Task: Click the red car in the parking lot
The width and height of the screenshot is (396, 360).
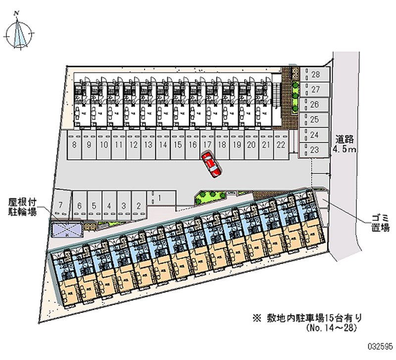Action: click(211, 164)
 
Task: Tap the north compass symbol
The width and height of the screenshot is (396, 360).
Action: click(20, 33)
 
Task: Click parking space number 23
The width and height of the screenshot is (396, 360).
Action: click(314, 149)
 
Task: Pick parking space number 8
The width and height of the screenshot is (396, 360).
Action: click(74, 145)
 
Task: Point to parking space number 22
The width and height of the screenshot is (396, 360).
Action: click(281, 145)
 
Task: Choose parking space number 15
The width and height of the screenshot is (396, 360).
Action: click(177, 145)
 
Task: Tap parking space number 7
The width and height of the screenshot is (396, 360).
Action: click(60, 205)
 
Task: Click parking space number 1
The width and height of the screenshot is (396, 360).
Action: click(160, 199)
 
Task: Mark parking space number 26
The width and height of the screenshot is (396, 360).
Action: click(314, 104)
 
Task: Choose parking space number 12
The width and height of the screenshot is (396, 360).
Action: click(133, 145)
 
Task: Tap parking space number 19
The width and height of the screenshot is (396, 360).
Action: click(237, 145)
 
